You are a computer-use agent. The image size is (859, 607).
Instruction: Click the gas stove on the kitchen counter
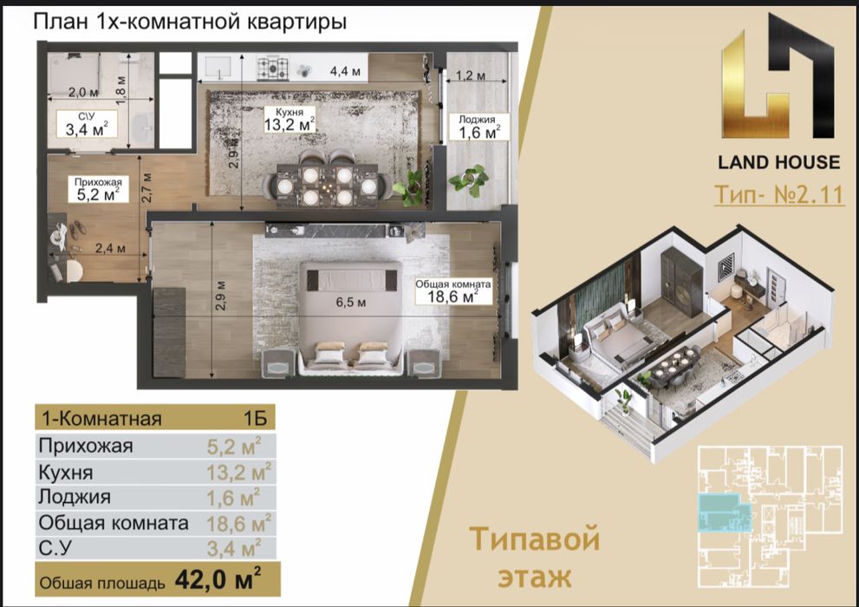tap(272, 68)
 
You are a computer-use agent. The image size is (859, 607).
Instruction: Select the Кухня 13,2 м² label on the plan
tap(290, 120)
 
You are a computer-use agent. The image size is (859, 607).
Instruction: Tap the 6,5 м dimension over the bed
tap(349, 303)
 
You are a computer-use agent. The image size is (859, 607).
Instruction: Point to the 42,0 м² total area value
tap(218, 577)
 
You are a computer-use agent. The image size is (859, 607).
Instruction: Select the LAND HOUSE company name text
tap(778, 162)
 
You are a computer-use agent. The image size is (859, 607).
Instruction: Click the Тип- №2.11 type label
tap(778, 194)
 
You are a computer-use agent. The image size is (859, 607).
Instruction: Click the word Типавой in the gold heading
tap(535, 540)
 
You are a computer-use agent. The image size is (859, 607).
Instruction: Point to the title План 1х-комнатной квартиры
tap(190, 23)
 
